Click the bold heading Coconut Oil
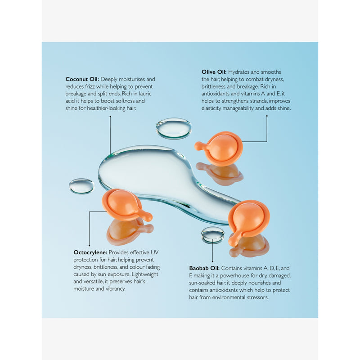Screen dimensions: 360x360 pos(82,79)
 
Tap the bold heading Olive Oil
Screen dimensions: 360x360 pos(214,72)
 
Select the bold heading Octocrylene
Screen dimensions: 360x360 pos(90,252)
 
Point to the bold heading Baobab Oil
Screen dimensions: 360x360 pos(204,268)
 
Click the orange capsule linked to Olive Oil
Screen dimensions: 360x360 pos(221,148)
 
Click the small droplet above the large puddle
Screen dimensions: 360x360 pos(174,128)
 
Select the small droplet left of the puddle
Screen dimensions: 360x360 pos(81,186)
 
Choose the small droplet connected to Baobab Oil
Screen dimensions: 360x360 pos(212,234)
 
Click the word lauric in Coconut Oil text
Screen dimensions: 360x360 pos(145,94)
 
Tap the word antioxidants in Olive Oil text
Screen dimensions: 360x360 pos(216,94)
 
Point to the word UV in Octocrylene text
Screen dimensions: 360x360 pos(154,252)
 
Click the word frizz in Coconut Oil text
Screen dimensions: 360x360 pos(90,86)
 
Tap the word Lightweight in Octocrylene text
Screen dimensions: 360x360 pos(145,274)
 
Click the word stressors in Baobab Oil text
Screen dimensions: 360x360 pos(257,297)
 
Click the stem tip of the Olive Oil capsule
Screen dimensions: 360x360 pos(197,145)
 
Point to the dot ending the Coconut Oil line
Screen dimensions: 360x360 pos(110,117)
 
